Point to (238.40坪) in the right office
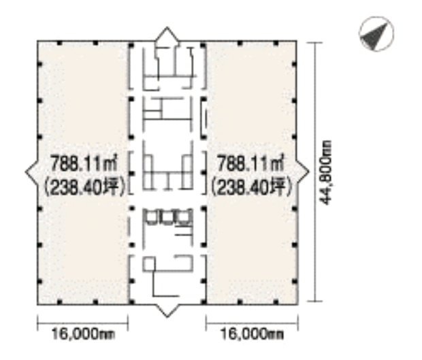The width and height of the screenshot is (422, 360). [x=250, y=184]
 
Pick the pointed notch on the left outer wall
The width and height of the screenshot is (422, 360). [x=31, y=173]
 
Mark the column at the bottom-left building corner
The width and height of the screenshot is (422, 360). [x=39, y=301]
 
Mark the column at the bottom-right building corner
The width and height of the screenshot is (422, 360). [x=294, y=301]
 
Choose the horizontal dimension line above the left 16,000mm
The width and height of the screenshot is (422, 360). [x=82, y=321]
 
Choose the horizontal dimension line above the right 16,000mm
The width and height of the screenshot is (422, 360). [x=250, y=321]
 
